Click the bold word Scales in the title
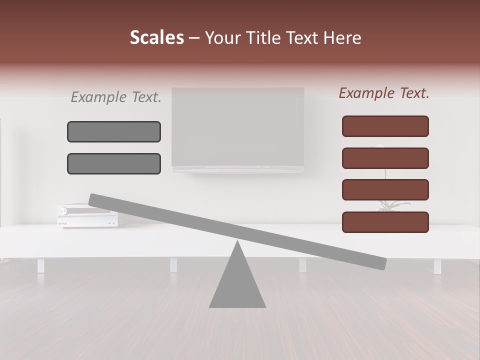pos(156,37)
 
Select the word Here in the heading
pos(342,37)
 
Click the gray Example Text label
pos(116,97)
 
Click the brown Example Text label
pos(384,93)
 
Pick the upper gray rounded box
pos(114,131)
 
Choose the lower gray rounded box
pos(114,163)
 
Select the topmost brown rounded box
pos(385,126)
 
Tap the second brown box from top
pos(385,158)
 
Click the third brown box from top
pos(385,190)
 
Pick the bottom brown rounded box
pos(385,222)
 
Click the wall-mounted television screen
pos(237,127)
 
